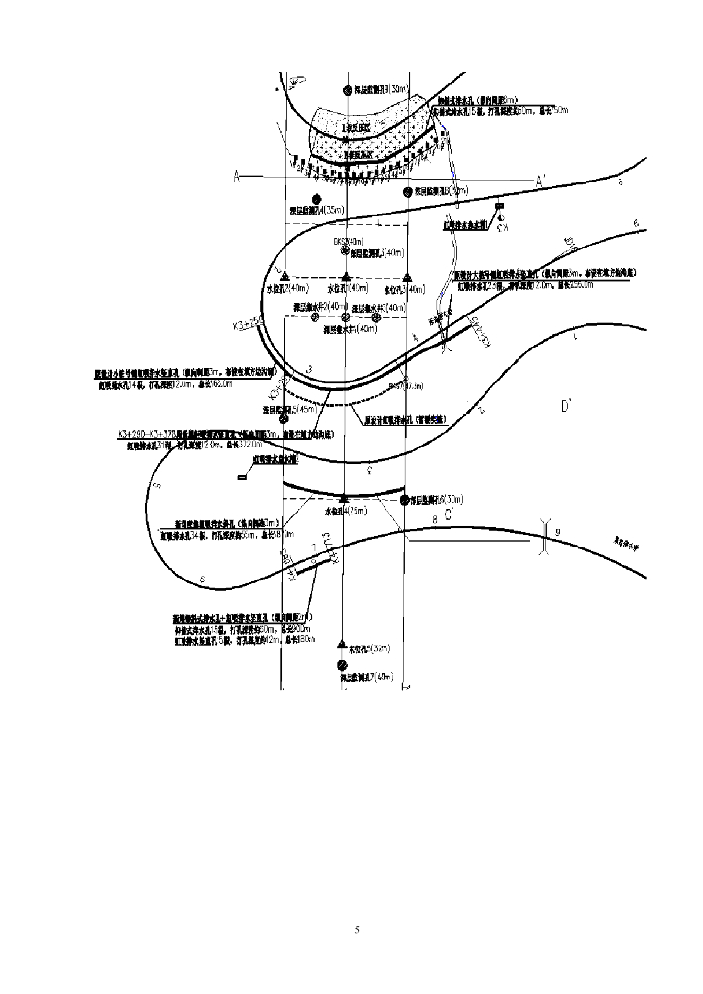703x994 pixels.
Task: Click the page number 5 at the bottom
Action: pos(357,930)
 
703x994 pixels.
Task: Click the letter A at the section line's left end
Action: pos(236,177)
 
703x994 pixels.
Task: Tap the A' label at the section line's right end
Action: pos(543,181)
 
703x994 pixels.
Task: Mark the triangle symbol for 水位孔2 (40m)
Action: pos(346,277)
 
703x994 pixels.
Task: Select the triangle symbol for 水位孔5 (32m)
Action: pos(341,645)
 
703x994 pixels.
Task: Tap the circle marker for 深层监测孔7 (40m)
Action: pos(342,665)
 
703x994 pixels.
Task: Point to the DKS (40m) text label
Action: pos(348,241)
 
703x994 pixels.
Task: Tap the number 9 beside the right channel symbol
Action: pos(559,533)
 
